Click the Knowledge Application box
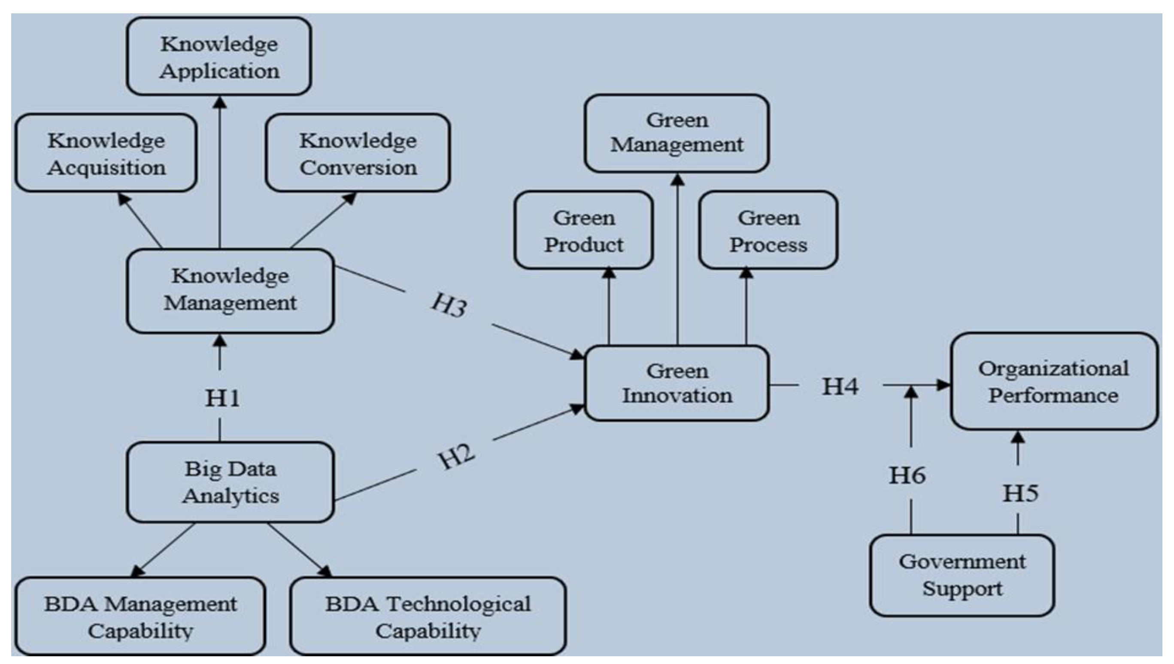tap(219, 57)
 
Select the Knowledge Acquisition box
tap(106, 153)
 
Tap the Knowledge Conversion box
tap(358, 153)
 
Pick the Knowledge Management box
tap(230, 290)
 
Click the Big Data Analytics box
tap(230, 482)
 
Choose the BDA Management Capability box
tap(140, 617)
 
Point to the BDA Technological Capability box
tap(428, 617)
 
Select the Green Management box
tap(677, 133)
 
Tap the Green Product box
tap(584, 230)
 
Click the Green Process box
tap(768, 230)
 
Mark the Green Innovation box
tap(677, 383)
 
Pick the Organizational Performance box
tap(1053, 382)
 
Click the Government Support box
tap(962, 575)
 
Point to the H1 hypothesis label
tap(222, 398)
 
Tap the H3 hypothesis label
tap(449, 305)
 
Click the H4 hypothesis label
tap(840, 387)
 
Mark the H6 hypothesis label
tap(907, 475)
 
